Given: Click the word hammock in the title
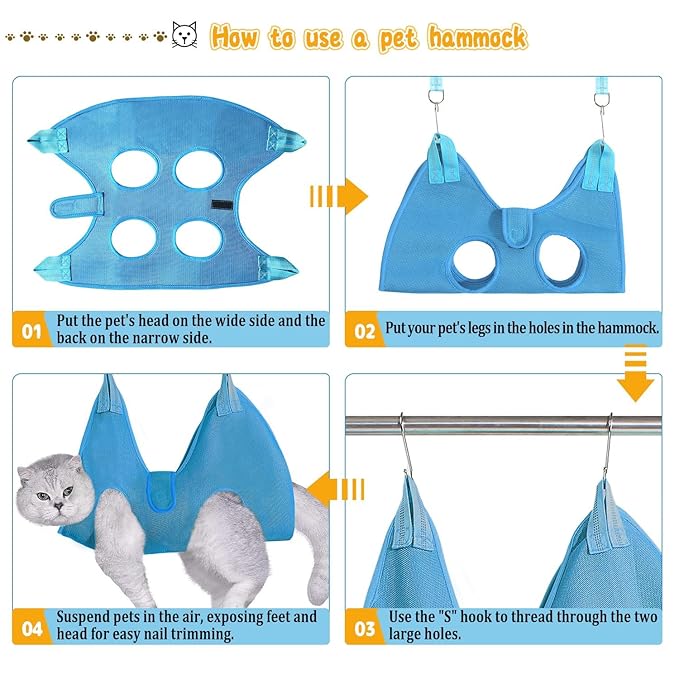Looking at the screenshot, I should (477, 38).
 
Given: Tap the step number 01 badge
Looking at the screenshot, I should (30, 330).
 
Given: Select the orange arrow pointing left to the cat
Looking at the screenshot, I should (337, 489).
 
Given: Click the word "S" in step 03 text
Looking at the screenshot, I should (480, 617).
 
